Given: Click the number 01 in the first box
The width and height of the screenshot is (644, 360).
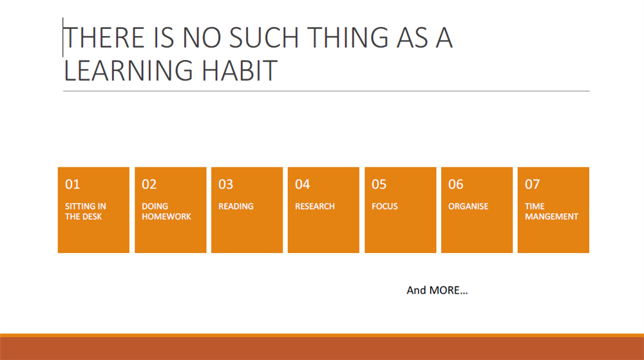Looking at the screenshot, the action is pos(72,184).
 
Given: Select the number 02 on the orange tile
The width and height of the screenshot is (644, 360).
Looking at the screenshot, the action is pos(149,184).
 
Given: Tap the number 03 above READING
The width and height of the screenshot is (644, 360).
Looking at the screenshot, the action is pos(225,184).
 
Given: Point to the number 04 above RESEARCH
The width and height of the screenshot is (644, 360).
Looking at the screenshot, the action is pos(302,184).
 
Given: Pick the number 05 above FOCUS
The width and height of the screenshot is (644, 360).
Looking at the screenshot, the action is pos(379,184).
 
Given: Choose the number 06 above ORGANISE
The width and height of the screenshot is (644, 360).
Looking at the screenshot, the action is pos(455,184).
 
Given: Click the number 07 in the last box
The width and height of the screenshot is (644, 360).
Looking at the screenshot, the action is pos(533,184).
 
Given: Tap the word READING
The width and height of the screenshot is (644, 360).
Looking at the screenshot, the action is pos(236,206).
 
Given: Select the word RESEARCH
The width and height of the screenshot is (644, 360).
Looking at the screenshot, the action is pos(315,206).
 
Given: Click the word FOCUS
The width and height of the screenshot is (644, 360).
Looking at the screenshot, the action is pos(384,206).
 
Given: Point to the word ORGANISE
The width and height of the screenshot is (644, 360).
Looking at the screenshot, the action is pos(468,206).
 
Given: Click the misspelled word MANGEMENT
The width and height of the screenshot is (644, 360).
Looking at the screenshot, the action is pos(552,216).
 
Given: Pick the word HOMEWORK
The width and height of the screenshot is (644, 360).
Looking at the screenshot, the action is pos(166,216).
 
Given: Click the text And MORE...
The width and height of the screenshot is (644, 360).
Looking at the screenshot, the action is pos(437,290).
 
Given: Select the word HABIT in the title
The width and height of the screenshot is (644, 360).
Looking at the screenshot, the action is pos(240,70).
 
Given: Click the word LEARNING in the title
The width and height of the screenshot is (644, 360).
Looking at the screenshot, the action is pos(128,70).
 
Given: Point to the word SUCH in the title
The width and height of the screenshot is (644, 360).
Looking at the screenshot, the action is pos(263,37).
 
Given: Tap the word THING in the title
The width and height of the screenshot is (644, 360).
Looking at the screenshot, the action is pos(347,37).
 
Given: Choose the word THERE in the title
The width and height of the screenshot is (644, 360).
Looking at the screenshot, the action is pos(104,37).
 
